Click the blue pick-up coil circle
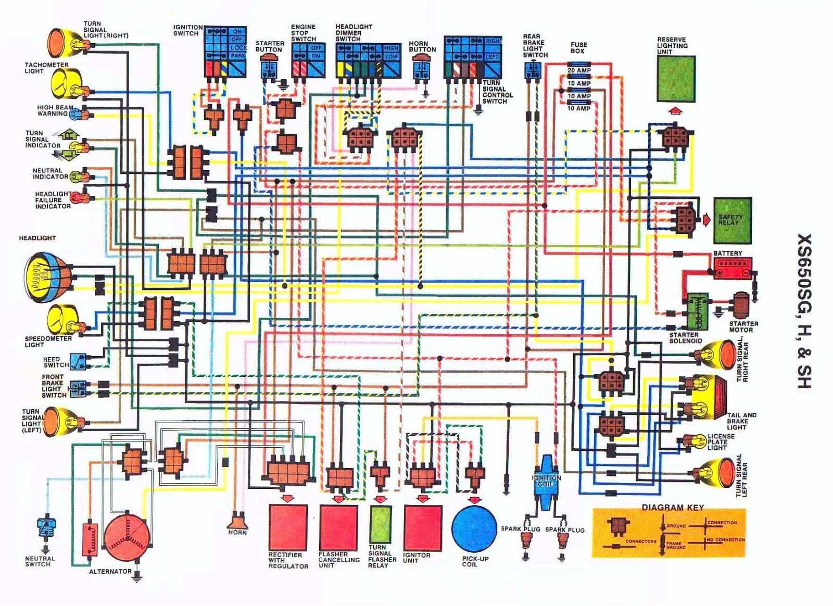(474, 529)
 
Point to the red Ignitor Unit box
(423, 527)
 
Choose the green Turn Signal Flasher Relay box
(380, 525)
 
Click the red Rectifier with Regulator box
(288, 527)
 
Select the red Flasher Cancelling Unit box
(338, 527)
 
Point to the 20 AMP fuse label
(579, 70)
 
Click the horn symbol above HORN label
(237, 521)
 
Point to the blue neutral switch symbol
(46, 527)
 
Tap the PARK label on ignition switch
(237, 55)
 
